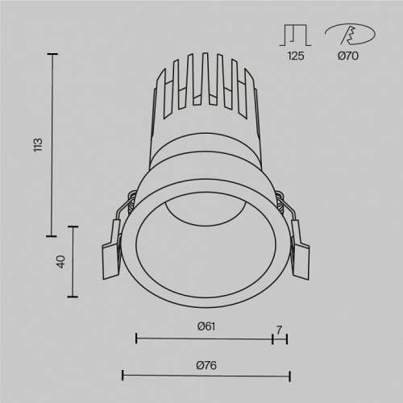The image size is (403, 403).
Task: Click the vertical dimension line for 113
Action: [53, 145]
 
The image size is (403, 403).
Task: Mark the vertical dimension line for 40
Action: [76, 262]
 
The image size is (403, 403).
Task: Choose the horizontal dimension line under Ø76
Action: [206, 376]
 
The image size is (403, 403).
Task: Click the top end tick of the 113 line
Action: [53, 54]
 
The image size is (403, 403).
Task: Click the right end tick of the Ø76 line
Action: [289, 376]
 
